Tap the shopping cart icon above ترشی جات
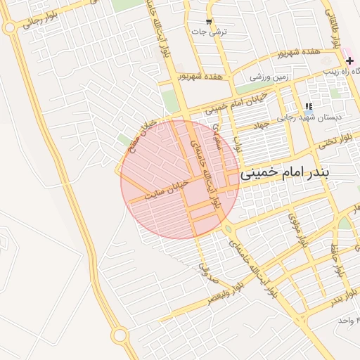coord(209,22)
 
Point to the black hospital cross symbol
coord(349,61)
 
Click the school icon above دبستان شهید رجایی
coord(309,107)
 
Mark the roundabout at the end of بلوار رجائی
coord(10,28)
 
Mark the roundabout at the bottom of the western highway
coord(120,336)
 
